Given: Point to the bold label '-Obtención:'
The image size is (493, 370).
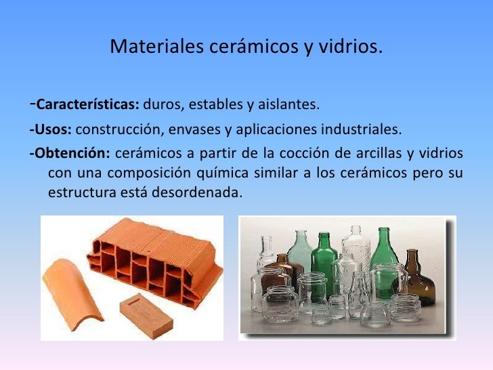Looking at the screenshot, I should click(66, 152).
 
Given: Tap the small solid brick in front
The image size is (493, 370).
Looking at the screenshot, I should click(146, 309).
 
